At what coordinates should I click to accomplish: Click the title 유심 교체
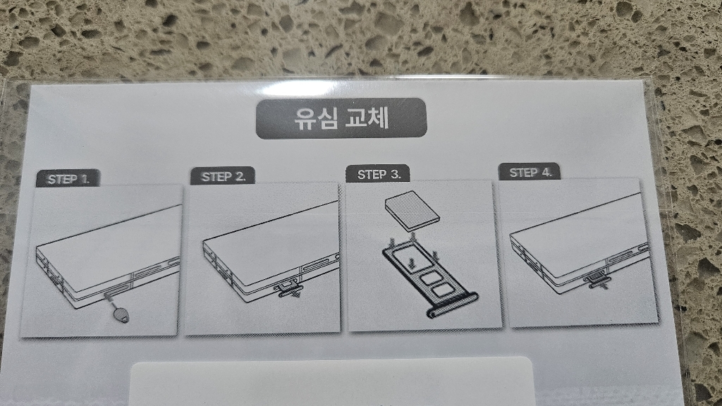coord(341,118)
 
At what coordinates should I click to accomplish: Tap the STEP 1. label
coord(68,179)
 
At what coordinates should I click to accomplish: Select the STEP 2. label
coord(223,176)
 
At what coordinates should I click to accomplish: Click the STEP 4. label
coord(530,172)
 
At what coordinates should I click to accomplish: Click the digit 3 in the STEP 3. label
coord(396,174)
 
